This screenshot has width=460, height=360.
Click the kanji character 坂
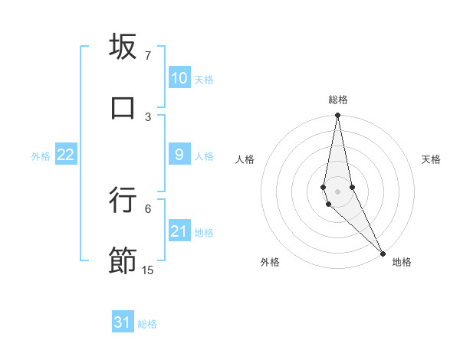(123, 47)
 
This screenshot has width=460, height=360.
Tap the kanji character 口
(123, 108)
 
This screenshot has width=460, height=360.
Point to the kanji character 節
(123, 260)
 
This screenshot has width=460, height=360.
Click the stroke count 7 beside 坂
(147, 56)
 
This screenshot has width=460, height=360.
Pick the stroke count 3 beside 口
(147, 116)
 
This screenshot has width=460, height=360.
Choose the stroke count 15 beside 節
(147, 270)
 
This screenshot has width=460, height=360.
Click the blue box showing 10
(179, 78)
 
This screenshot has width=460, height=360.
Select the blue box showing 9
(179, 155)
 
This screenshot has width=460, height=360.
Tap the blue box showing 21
(179, 231)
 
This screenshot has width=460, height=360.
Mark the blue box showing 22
(65, 155)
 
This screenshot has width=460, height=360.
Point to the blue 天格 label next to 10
(204, 80)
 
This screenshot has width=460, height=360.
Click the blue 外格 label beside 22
(41, 156)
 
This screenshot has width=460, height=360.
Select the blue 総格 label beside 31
(147, 324)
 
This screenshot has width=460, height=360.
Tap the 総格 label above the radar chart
(338, 100)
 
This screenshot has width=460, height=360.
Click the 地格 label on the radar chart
(402, 262)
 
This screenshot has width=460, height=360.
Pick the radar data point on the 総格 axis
(338, 116)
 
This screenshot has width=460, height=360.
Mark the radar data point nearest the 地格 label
(383, 253)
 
